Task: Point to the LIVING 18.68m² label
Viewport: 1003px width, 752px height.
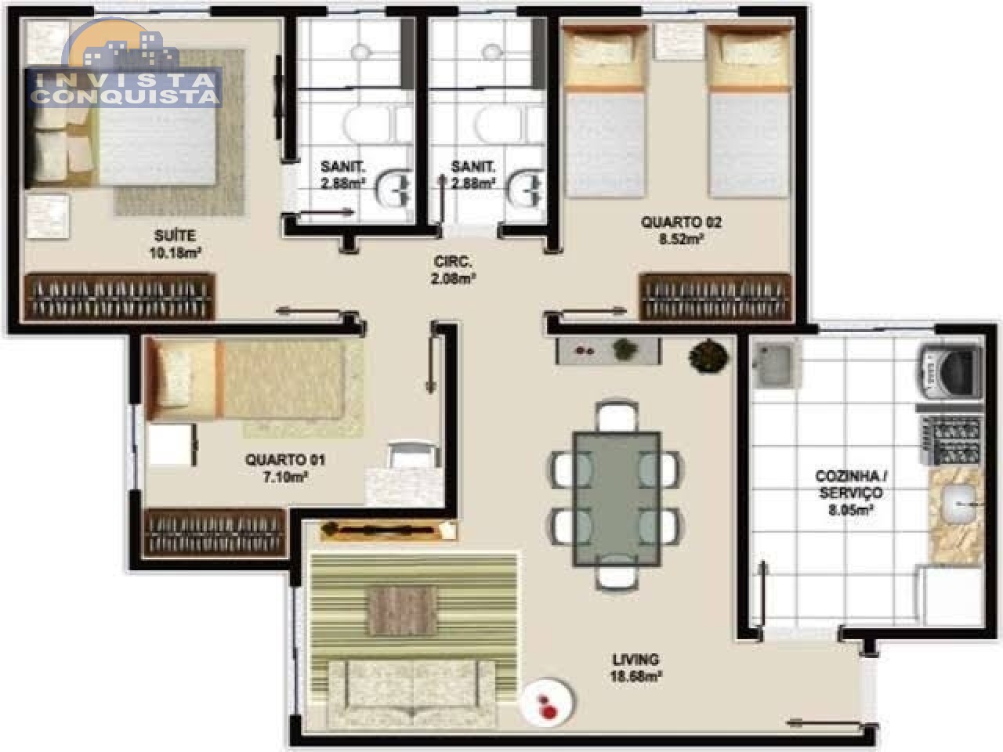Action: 635,667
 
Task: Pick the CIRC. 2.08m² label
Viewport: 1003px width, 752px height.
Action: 453,270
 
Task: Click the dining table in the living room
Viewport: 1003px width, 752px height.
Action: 617,499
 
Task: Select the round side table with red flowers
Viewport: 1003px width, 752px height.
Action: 548,702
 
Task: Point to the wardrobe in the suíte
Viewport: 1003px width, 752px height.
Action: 119,296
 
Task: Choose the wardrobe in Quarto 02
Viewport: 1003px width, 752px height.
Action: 716,296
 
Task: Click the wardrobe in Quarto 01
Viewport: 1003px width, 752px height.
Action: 214,533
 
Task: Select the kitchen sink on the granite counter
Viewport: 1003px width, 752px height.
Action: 960,504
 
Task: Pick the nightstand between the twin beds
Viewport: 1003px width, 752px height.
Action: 678,41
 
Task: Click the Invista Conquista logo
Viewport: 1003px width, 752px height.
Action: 124,64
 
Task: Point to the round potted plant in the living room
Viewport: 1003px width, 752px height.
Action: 708,356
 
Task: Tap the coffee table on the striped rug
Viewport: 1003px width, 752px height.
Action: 403,611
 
